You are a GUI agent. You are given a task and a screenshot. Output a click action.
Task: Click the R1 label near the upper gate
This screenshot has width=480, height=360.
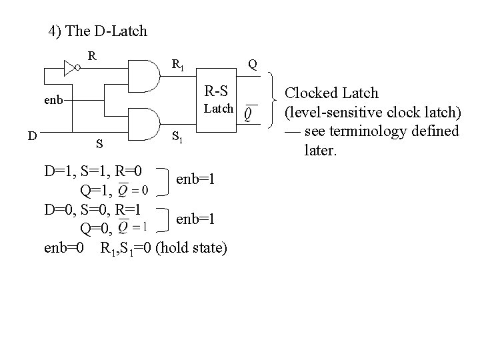click(x=178, y=65)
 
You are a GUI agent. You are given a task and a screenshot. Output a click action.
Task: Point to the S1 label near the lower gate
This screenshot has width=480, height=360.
click(x=178, y=138)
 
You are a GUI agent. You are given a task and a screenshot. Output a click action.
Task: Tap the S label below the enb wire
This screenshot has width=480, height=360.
click(x=99, y=143)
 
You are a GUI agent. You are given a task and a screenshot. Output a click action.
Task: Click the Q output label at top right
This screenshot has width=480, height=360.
click(x=252, y=64)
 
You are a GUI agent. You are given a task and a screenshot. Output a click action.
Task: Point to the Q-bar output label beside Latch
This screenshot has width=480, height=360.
click(x=248, y=115)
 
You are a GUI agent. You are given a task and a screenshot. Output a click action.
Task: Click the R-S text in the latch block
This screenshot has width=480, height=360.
click(x=218, y=91)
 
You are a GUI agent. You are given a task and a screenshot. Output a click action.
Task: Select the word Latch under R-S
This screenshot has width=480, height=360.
click(x=218, y=108)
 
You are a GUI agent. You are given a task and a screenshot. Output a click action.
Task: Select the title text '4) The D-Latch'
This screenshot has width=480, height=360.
click(x=98, y=31)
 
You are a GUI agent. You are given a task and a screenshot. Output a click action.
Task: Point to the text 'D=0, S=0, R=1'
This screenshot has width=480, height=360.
click(x=93, y=209)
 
